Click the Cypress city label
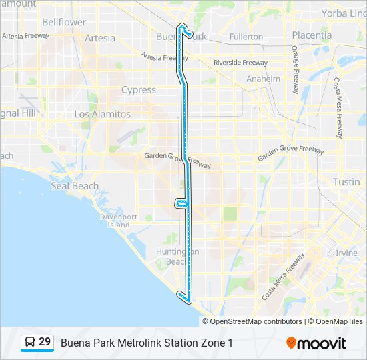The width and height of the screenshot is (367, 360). click(139, 90)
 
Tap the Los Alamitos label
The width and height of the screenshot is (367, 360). click(102, 115)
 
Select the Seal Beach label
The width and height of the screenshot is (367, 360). click(75, 186)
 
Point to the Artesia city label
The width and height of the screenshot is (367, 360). click(100, 38)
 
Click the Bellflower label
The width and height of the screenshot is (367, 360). click(64, 22)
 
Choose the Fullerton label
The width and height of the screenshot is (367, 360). click(246, 37)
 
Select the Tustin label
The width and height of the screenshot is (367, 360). click(346, 182)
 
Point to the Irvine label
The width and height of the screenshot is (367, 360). click(346, 253)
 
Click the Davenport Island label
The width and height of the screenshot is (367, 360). click(119, 221)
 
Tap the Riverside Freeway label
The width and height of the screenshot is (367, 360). click(240, 63)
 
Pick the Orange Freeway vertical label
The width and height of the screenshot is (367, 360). click(294, 65)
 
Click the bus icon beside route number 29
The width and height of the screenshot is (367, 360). click(30, 343)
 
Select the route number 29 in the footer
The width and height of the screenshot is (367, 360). click(45, 342)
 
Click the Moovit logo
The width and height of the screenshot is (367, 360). click(316, 343)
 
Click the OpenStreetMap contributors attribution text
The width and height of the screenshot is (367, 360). click(256, 321)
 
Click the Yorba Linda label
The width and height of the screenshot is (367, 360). click(344, 13)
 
